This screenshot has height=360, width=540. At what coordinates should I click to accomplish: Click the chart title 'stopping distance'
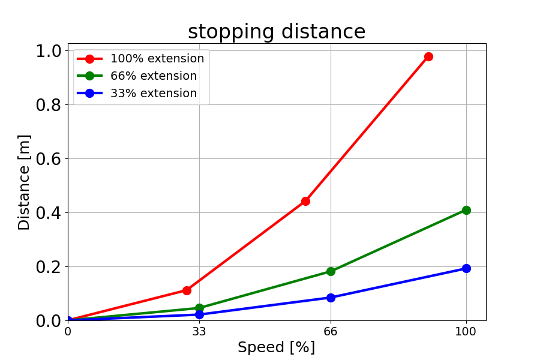[x=277, y=32]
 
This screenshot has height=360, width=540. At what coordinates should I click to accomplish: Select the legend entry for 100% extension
[x=157, y=59]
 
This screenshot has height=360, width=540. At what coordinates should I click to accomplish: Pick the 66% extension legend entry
[x=153, y=76]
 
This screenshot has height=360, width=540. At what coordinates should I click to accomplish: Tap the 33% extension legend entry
[x=153, y=94]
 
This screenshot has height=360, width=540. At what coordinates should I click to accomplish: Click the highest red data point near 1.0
[x=428, y=56]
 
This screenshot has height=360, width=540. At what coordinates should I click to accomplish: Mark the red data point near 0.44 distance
[x=305, y=201]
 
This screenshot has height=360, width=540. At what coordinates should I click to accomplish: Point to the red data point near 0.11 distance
[x=187, y=290]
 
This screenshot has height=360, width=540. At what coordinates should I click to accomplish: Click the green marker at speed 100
[x=466, y=210]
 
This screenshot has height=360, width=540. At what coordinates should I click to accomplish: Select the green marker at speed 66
[x=331, y=271]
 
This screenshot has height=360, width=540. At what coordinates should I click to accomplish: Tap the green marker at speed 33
[x=199, y=308]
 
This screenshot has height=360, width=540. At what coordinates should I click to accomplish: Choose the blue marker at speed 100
[x=466, y=268]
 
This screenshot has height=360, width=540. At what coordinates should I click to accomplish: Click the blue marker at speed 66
[x=331, y=298]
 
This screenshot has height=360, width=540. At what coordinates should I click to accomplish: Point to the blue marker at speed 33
[x=199, y=314]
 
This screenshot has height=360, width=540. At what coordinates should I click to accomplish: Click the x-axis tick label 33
[x=199, y=331]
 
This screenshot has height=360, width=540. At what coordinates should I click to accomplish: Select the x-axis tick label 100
[x=466, y=331]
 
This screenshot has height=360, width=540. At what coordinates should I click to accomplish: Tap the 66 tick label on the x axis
[x=331, y=331]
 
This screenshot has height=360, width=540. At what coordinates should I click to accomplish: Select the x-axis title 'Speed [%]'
[x=276, y=347]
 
